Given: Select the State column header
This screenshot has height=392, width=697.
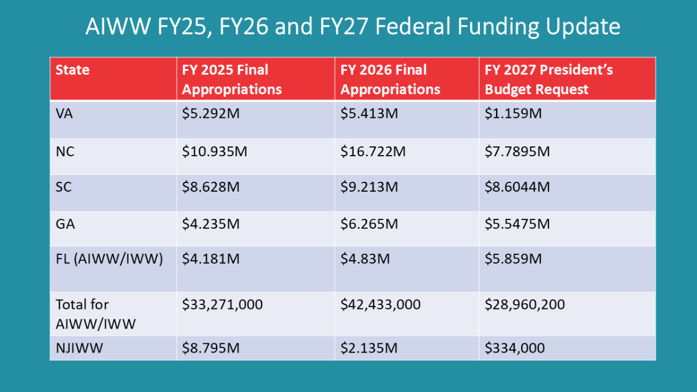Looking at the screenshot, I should point(73,70).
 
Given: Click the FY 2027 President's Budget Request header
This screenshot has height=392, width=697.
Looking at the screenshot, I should point(549,80).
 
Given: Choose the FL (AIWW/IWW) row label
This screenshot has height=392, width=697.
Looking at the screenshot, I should point(108,258).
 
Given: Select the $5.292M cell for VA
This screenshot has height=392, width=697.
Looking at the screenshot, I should point(211,114).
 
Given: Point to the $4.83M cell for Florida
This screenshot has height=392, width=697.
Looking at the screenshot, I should point(365,258).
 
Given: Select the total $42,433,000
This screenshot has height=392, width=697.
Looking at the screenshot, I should point(380,304).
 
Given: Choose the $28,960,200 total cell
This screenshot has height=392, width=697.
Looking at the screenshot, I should point(525,304).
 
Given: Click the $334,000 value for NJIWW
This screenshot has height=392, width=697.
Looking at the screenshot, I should point(515,348).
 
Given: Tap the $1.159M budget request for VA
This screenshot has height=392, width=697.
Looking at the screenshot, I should point(513,114).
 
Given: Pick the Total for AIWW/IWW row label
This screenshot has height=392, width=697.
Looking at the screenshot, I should point(95,314).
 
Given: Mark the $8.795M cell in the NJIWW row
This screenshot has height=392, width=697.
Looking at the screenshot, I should point(211,348).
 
